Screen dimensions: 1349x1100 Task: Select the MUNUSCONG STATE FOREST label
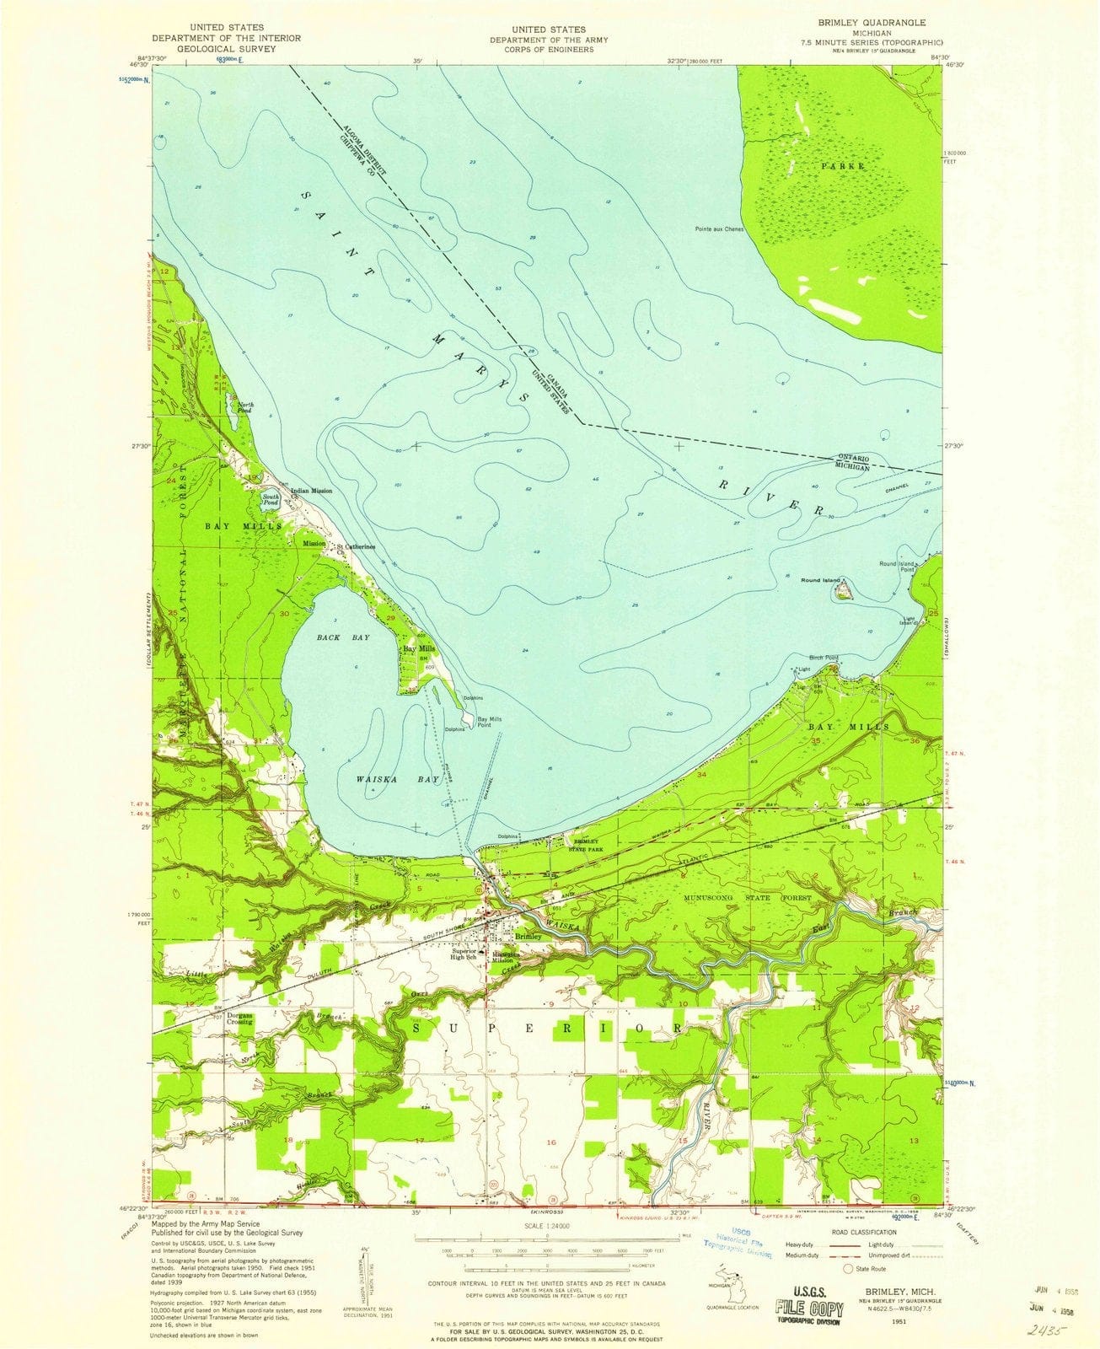pyautogui.click(x=748, y=899)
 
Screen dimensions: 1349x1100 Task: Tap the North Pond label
pyautogui.click(x=244, y=408)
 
